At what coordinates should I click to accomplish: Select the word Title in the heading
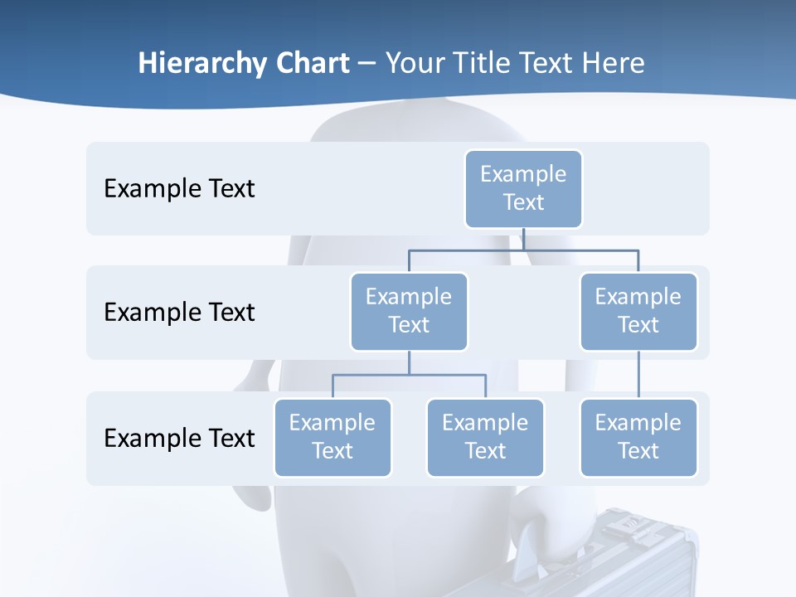(x=483, y=64)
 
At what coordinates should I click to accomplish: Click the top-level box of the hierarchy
(x=523, y=188)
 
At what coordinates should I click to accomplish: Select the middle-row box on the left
(x=409, y=311)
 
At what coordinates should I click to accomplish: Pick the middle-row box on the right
(x=638, y=311)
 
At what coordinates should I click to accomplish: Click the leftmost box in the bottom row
(x=332, y=437)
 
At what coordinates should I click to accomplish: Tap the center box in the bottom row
(x=485, y=437)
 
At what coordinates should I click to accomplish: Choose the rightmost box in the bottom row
(x=638, y=437)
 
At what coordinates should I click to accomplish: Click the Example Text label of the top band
(x=179, y=189)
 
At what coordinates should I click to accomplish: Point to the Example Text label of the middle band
(x=179, y=313)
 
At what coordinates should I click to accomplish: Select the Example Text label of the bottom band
(x=179, y=438)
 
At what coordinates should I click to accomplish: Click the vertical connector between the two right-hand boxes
(x=638, y=375)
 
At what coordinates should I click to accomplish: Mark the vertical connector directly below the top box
(x=523, y=239)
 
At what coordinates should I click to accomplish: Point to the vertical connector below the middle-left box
(x=409, y=363)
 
